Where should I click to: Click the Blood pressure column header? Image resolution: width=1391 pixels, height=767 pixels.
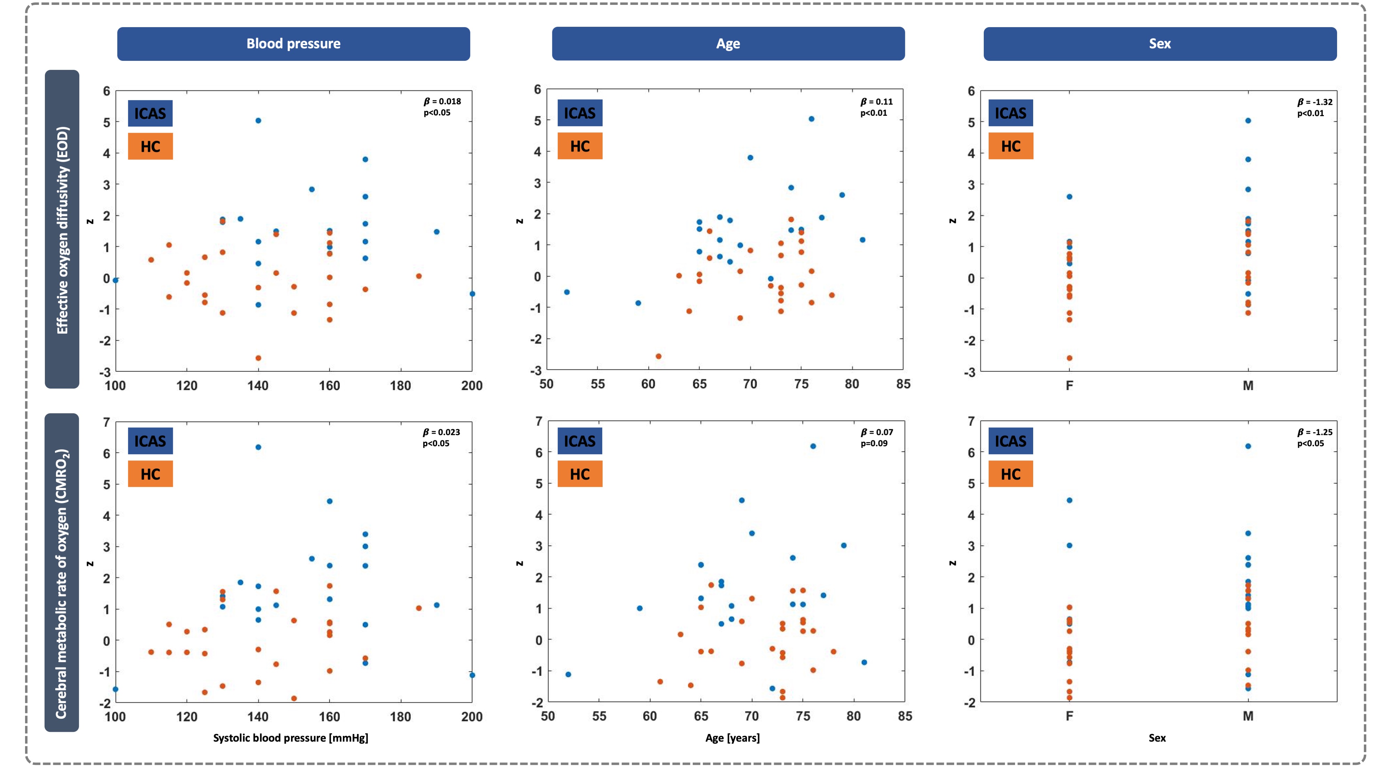point(293,44)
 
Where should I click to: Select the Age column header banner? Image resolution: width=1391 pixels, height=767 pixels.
point(728,44)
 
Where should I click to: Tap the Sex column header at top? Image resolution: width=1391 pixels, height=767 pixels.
point(1159,44)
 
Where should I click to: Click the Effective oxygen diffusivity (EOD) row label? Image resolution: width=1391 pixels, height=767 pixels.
point(62,229)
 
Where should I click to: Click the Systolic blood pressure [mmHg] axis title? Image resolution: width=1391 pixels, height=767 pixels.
point(290,738)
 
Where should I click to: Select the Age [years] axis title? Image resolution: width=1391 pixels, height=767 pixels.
point(732,738)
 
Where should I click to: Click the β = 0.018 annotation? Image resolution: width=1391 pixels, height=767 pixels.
point(442,101)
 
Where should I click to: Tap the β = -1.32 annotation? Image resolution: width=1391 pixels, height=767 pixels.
point(1314,102)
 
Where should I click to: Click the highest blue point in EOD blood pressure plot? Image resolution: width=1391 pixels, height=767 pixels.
point(258,120)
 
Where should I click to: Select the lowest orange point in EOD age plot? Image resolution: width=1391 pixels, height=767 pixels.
point(658,356)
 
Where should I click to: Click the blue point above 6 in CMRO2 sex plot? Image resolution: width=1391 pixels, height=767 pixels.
point(1248,446)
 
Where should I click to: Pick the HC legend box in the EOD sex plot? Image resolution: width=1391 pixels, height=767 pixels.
point(1010,146)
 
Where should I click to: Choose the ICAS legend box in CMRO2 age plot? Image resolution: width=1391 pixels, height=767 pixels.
point(579,441)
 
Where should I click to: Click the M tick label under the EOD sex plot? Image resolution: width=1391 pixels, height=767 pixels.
point(1248,385)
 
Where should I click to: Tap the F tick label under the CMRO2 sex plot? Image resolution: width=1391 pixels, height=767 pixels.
point(1069,716)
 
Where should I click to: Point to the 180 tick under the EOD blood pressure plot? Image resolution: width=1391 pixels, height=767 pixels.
point(400,385)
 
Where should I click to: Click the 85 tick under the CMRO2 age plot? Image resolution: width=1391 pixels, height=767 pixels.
point(905,716)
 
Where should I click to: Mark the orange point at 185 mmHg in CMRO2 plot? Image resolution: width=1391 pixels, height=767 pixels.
point(418,608)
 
